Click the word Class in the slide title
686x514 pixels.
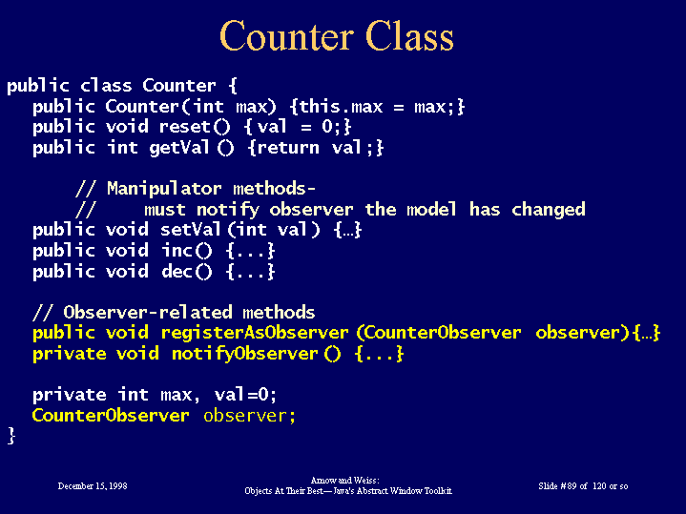(409, 36)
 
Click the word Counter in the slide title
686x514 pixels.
(286, 36)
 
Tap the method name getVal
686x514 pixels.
(179, 148)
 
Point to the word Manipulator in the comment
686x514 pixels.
(164, 189)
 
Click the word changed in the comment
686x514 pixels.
(549, 210)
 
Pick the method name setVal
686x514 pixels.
(191, 230)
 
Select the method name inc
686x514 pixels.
(177, 251)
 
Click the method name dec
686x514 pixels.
(177, 272)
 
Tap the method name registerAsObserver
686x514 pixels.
(255, 334)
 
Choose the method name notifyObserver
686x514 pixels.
(244, 354)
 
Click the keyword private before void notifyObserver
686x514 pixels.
(69, 354)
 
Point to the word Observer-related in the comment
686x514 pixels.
(148, 313)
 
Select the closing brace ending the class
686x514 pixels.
(11, 436)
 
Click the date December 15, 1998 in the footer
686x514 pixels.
(93, 486)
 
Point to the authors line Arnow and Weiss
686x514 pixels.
(344, 481)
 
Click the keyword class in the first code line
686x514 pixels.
(106, 86)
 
